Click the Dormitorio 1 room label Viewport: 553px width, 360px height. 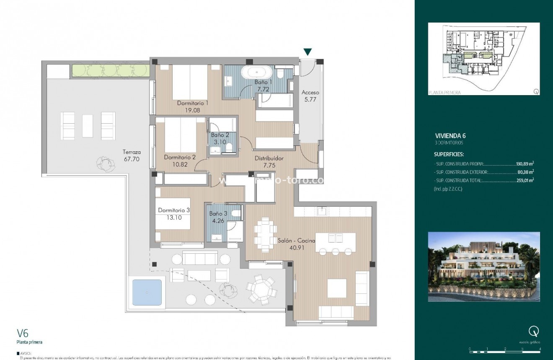192,103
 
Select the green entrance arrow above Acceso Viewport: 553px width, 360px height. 308,52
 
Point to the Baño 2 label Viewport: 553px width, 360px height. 220,135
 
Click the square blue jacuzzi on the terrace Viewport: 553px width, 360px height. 147,292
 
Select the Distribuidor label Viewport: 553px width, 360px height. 269,159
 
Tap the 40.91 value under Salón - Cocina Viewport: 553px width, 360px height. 296,247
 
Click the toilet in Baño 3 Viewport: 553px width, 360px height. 236,214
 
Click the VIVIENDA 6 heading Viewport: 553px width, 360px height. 450,136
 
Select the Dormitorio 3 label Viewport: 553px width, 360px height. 174,210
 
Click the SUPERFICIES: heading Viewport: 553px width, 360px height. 449,154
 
